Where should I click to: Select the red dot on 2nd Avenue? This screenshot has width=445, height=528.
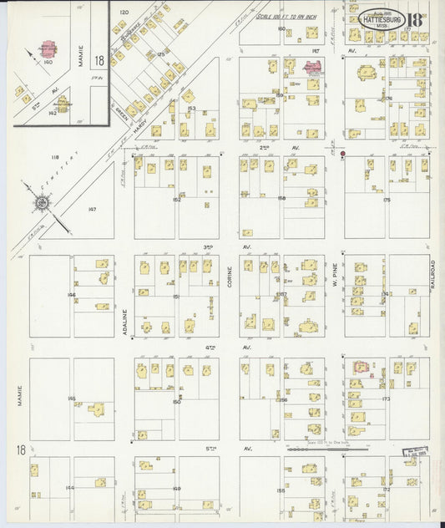[343, 154]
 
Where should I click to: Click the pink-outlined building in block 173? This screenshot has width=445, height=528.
[362, 367]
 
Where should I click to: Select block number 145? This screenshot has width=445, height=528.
[72, 397]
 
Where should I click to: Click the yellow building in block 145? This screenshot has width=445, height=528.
[97, 409]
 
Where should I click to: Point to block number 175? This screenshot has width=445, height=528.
[386, 200]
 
